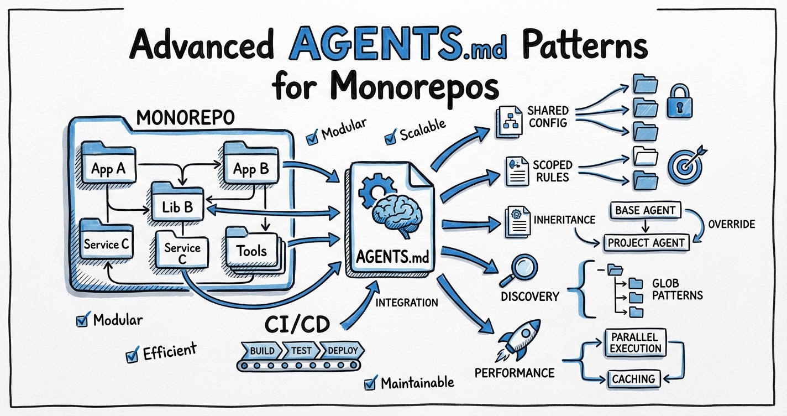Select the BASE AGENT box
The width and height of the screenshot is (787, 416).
click(x=645, y=210)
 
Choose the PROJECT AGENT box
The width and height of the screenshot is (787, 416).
click(x=646, y=242)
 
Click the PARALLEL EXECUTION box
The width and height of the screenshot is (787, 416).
click(x=636, y=342)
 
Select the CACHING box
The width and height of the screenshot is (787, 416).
click(x=633, y=379)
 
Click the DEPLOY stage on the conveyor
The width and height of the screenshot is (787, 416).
click(x=343, y=351)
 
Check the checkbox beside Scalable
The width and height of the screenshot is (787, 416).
click(x=391, y=136)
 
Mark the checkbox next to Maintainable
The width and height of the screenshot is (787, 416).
click(x=370, y=383)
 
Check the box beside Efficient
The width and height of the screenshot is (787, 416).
click(x=132, y=355)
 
